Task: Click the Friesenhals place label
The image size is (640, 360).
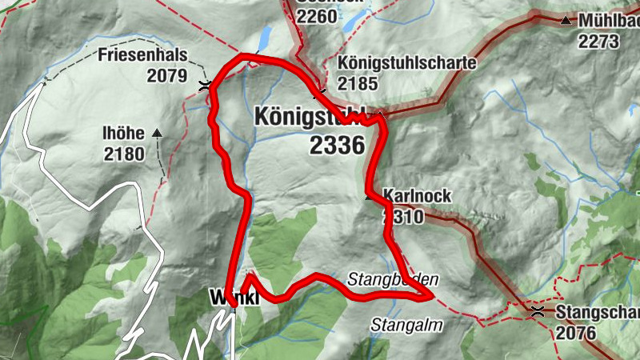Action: (x=142, y=55)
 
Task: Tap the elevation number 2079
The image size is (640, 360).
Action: (x=166, y=76)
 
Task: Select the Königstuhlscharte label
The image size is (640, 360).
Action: (x=407, y=62)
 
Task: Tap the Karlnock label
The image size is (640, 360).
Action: (x=417, y=195)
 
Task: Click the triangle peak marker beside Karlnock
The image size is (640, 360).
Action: (x=370, y=195)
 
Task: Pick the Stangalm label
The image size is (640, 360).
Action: (x=400, y=325)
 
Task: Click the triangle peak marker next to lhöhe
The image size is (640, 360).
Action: (x=157, y=133)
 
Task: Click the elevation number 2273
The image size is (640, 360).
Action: (x=599, y=41)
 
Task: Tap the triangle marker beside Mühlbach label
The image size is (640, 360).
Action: (x=566, y=20)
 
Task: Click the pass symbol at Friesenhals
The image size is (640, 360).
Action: (x=206, y=85)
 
